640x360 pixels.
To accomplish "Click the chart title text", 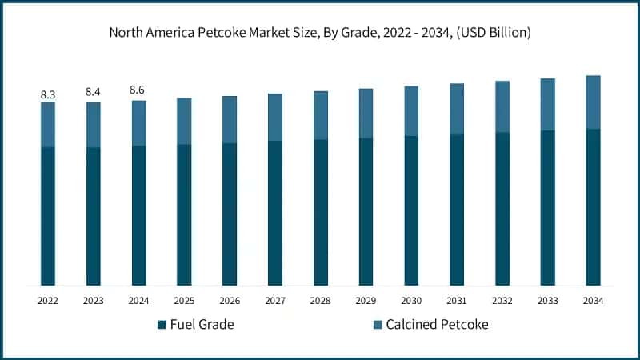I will point(320,33).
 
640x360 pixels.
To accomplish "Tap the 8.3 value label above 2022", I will point(48,94).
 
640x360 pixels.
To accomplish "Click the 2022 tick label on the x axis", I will point(48,301).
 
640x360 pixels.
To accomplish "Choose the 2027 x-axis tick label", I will point(275,301).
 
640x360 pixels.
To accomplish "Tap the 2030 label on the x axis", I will point(411,301).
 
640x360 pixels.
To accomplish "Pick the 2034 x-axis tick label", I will point(593,301).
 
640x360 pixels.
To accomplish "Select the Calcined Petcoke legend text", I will point(437,325).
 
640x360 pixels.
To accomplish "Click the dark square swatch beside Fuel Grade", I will point(162,325).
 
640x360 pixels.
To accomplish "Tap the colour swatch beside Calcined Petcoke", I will point(377,325).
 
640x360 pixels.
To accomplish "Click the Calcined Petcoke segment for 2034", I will point(593,102).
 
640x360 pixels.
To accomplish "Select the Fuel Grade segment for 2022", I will point(48,216).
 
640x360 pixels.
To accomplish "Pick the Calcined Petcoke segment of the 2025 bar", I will point(184,121).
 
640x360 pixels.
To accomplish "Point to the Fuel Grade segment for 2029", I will point(366,211).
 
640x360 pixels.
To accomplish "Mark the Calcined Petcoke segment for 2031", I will point(457,109).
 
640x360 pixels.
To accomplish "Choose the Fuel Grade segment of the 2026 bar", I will point(230,214).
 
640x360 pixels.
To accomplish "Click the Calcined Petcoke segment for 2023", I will point(94,125).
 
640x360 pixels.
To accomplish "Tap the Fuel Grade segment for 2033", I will point(547,207).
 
